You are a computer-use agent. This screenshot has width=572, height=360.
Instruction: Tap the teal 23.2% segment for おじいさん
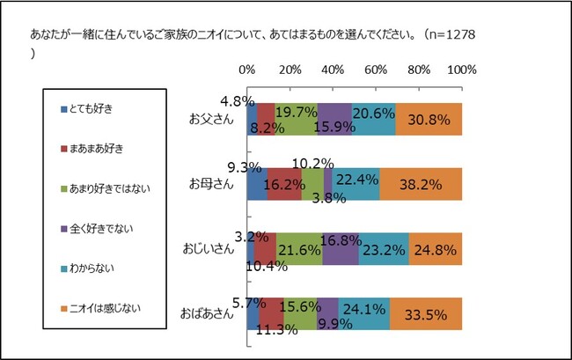[x=384, y=249]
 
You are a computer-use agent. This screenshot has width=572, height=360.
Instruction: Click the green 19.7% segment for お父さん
[x=296, y=119]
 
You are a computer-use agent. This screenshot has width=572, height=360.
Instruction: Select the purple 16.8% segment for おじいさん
[x=341, y=249]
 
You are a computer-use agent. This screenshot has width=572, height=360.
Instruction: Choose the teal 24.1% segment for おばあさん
[x=364, y=313]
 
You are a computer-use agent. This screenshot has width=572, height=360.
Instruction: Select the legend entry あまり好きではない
[x=109, y=187]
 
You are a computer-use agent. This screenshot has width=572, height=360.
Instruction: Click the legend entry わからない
[x=93, y=267]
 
